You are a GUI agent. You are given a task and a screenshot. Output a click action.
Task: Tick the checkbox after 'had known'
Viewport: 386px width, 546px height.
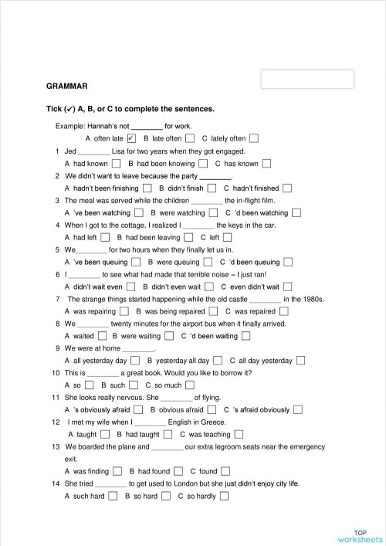tap(117, 164)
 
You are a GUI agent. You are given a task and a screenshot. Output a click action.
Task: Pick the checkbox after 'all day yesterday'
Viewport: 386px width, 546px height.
tap(300, 361)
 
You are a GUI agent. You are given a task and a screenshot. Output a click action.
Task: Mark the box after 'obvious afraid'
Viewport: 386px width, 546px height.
tap(212, 409)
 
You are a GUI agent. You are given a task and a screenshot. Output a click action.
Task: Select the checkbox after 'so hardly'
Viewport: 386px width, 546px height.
tap(224, 496)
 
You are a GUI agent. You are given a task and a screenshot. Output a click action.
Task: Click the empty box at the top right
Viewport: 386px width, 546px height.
tap(307, 80)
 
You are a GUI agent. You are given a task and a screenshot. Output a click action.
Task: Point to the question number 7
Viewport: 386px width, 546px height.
tap(58, 299)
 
